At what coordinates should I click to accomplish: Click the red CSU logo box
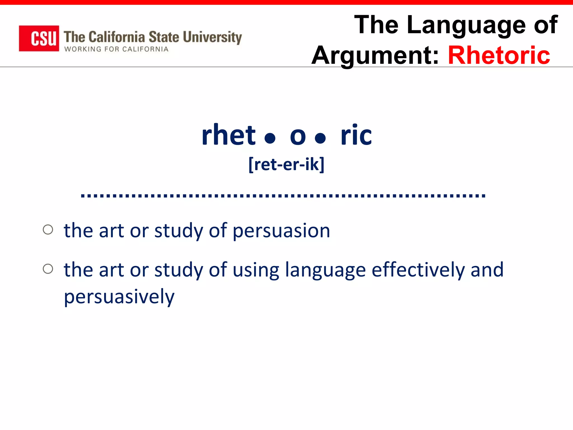click(x=39, y=38)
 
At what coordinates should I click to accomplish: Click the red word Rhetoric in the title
click(x=499, y=55)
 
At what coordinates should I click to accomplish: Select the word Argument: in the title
click(x=375, y=56)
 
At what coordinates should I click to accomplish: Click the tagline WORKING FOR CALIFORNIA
click(x=116, y=49)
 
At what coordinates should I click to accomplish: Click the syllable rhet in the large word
click(x=228, y=135)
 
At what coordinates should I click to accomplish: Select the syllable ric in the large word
click(x=356, y=135)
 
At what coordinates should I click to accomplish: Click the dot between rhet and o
click(x=270, y=138)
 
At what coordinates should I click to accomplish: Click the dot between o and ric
click(x=320, y=138)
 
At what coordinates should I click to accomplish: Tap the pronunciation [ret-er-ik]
click(x=286, y=164)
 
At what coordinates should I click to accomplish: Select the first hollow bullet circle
click(x=48, y=230)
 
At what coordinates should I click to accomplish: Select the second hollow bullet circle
click(x=48, y=269)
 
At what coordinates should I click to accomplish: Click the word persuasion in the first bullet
click(x=281, y=231)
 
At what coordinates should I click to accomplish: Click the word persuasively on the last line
click(x=119, y=297)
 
